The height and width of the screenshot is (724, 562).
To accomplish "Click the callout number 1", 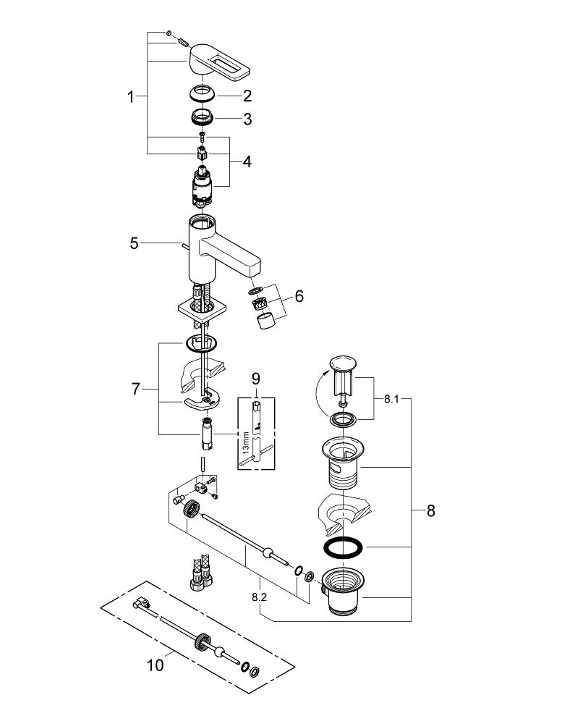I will point(131,97).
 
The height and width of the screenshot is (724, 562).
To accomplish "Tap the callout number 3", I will point(247,119).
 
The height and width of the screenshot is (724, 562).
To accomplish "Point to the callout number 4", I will point(247,162).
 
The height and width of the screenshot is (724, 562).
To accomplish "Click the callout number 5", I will point(134,243).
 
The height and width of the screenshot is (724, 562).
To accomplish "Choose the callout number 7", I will point(135,390).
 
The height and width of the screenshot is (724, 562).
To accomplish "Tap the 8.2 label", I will point(260,599).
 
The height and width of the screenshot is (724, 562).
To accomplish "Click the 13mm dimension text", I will point(246,442).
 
